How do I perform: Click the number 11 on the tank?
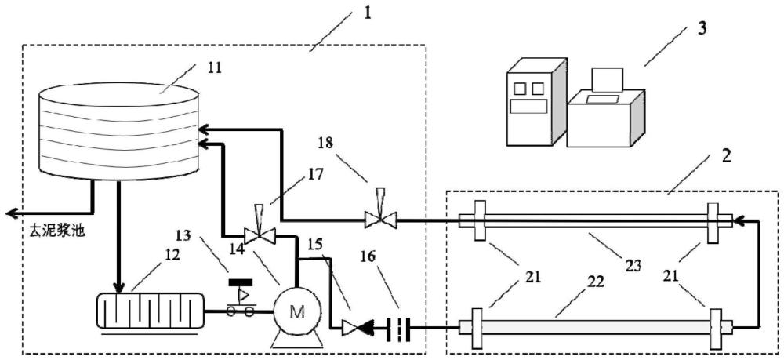click(214, 67)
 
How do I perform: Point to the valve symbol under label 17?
click(258, 234)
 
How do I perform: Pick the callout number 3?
click(702, 28)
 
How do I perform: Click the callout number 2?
click(727, 154)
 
